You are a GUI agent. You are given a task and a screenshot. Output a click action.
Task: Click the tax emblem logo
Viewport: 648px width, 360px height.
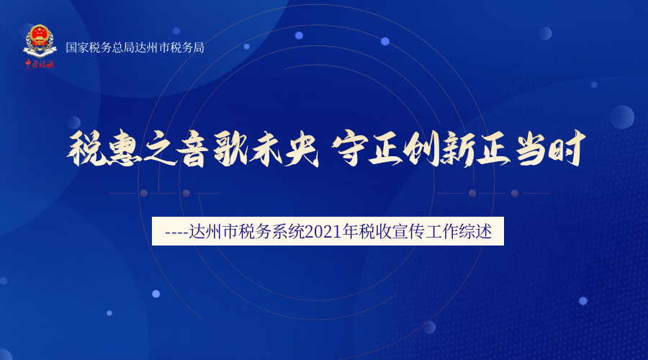tap(40, 41)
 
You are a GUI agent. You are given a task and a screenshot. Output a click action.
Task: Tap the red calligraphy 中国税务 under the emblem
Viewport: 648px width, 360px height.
tap(40, 64)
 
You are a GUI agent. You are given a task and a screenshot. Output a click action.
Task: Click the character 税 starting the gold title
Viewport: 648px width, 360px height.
tap(85, 148)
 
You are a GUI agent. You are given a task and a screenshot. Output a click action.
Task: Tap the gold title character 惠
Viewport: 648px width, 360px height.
tap(121, 148)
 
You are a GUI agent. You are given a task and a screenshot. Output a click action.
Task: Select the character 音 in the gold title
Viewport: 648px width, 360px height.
tap(193, 148)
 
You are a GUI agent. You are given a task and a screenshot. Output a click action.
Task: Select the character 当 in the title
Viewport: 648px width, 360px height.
tap(531, 148)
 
